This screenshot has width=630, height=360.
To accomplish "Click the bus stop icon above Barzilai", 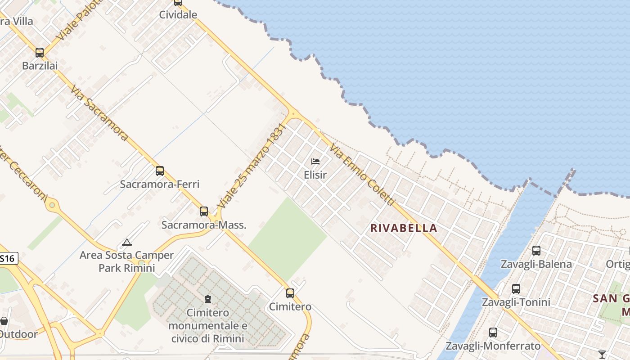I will (40, 53).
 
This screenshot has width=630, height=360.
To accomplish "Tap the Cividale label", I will (178, 15).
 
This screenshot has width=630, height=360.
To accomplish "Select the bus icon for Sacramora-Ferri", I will (160, 171).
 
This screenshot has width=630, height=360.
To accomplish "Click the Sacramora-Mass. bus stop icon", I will (204, 211).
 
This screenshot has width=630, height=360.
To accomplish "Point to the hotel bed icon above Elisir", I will (315, 162).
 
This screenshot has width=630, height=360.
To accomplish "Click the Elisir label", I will (315, 175).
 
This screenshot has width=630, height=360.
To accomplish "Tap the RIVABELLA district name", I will (404, 228).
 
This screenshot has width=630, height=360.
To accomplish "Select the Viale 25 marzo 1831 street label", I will (252, 166).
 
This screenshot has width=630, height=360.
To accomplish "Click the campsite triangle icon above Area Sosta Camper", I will (127, 243).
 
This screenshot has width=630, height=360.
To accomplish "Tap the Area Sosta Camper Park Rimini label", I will (126, 261).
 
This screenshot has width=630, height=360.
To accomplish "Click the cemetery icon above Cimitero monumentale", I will (207, 299).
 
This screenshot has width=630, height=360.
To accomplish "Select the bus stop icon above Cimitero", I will (290, 293).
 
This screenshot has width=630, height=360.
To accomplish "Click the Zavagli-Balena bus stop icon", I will (536, 251).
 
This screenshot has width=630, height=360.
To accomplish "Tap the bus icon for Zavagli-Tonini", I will (516, 289).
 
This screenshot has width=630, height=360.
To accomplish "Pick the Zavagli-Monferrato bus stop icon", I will (493, 333).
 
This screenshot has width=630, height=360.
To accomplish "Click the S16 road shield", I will (8, 258).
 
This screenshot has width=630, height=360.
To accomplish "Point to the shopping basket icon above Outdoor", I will (4, 321).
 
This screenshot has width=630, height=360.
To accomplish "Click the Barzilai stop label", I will (40, 66).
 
